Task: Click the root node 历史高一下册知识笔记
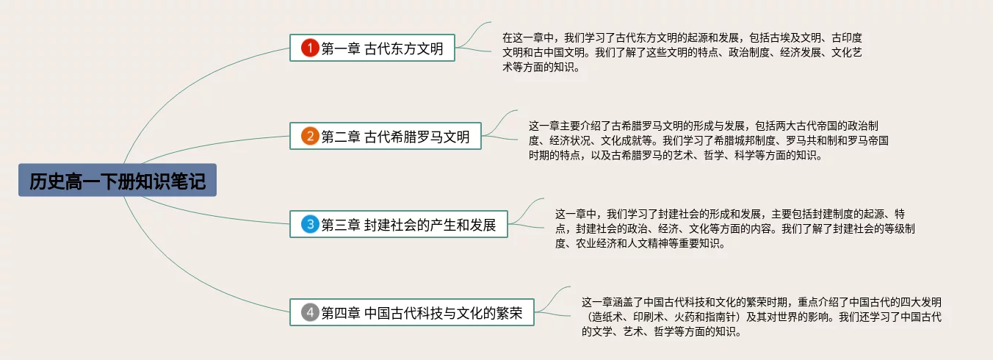click(118, 181)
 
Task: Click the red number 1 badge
click(310, 48)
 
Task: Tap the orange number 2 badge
click(310, 137)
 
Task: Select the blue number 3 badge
click(310, 225)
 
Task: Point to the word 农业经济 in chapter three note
click(599, 244)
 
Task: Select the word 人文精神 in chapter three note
click(651, 244)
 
